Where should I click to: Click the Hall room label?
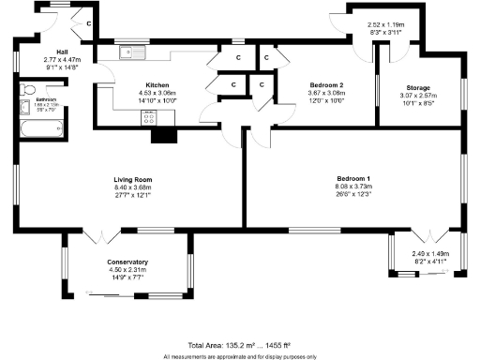click(x=63, y=52)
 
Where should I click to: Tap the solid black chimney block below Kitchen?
click(x=164, y=135)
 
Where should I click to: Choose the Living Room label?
click(x=130, y=179)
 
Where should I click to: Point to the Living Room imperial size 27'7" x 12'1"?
click(x=130, y=195)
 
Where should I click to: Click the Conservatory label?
click(x=127, y=262)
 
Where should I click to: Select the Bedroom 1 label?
click(x=354, y=179)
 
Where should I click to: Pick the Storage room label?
click(x=418, y=86)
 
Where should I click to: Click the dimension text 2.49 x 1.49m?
click(x=430, y=253)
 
